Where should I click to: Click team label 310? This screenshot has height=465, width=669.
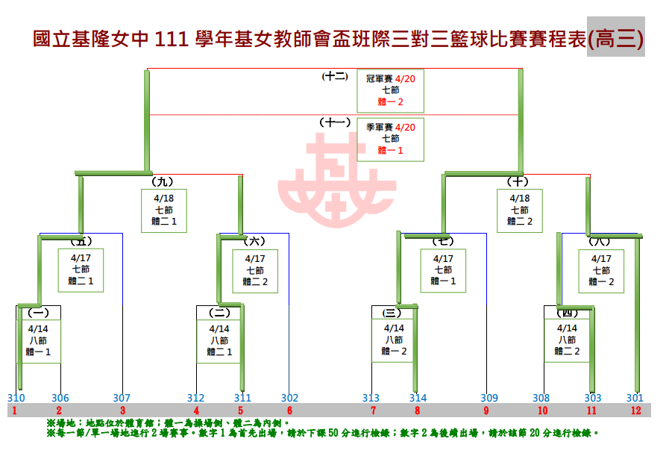(x=16, y=398)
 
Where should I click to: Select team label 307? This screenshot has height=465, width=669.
(x=122, y=398)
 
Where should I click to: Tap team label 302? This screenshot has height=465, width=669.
(x=289, y=398)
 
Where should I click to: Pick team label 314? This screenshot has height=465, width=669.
(x=418, y=398)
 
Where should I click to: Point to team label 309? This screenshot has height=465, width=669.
(x=489, y=398)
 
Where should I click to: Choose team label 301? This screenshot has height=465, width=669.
(x=635, y=398)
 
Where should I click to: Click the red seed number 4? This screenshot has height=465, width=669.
(x=196, y=411)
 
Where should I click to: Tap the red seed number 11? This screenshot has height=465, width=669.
(x=592, y=411)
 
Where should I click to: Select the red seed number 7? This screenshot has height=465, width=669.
(x=372, y=411)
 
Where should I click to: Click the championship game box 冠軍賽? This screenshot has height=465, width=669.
(x=390, y=90)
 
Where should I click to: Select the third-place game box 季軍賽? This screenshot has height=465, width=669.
(x=390, y=139)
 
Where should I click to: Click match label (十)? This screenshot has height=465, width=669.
(x=517, y=181)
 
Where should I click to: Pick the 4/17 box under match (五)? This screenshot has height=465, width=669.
(x=81, y=269)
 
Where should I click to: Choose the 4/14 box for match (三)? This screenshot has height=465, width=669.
(x=394, y=340)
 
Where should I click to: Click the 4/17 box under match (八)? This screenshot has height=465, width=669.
(x=601, y=269)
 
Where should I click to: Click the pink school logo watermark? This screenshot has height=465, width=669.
(x=336, y=174)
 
